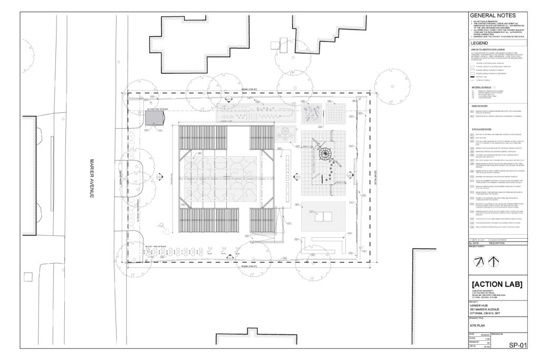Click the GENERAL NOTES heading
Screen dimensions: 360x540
click(x=492, y=16)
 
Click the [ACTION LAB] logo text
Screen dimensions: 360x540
click(x=495, y=285)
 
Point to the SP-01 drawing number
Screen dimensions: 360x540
click(x=518, y=345)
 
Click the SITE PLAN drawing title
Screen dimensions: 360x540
click(x=478, y=327)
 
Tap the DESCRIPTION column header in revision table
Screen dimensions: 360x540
click(x=500, y=243)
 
